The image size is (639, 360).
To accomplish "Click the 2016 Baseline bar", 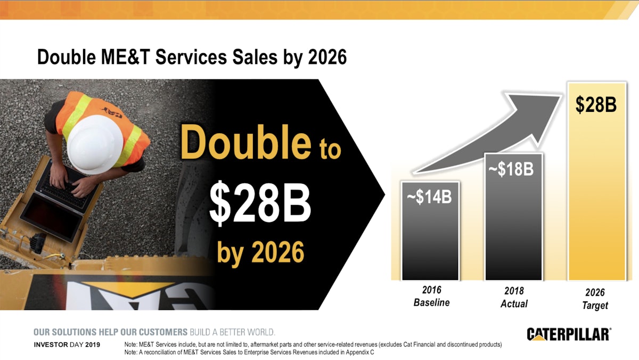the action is pos(430,231).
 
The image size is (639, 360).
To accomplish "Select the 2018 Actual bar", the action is pos(513,217).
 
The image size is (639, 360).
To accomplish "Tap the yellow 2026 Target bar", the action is pos(597,182).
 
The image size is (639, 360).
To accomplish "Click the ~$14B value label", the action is pos(429,197).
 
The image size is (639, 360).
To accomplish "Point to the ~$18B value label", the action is pos(511,169).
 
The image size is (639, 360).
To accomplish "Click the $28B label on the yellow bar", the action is pos(596,104).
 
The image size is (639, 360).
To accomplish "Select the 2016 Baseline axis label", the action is pos(432,296).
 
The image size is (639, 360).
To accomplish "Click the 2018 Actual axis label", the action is pos(514,297).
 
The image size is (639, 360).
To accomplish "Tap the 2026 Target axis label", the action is pos(595,299).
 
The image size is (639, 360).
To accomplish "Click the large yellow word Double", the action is pos(245,142).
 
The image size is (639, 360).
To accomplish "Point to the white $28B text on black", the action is pos(260,202).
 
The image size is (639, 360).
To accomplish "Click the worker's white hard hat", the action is pos(95,144).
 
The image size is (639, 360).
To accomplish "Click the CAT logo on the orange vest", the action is pos(112,112).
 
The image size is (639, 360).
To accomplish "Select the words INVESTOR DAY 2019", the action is pos(67,345).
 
